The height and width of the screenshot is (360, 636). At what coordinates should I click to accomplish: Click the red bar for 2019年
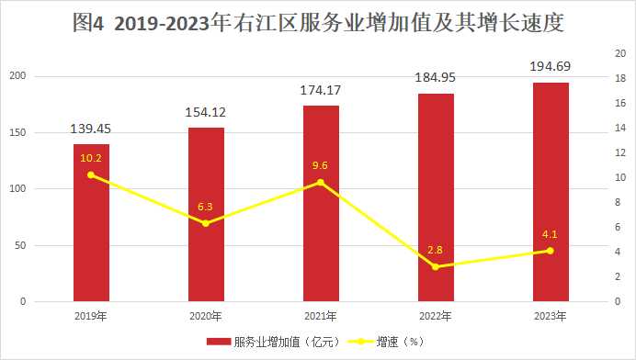(91, 222)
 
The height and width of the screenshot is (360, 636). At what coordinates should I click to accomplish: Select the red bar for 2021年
(322, 204)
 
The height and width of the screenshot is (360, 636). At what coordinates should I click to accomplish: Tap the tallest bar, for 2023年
(551, 192)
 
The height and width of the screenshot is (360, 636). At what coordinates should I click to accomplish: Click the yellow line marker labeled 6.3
(206, 223)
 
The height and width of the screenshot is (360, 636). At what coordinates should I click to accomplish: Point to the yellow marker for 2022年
(436, 266)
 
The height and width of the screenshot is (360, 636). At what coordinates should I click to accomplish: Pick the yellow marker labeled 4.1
(550, 251)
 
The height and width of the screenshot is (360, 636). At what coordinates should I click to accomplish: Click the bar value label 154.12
(206, 112)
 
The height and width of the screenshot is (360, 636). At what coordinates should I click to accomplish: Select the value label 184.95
(436, 77)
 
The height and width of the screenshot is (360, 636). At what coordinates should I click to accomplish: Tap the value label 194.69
(551, 66)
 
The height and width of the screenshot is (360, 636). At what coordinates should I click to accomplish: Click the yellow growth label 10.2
(91, 159)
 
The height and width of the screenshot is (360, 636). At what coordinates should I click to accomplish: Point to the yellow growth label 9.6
(320, 165)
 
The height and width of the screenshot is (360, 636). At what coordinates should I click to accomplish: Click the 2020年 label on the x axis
(206, 316)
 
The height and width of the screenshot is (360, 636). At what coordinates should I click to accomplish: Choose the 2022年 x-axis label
(436, 316)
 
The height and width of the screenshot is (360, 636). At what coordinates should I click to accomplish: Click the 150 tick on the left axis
(17, 132)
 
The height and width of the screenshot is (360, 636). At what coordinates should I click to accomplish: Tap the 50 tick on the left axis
(20, 245)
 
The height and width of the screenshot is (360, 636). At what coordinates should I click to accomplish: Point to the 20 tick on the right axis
(620, 53)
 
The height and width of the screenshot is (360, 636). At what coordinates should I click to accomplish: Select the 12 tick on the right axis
(620, 152)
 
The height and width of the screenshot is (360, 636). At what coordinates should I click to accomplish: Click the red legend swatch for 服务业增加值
(219, 342)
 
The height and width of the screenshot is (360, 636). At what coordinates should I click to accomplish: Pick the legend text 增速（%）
(401, 342)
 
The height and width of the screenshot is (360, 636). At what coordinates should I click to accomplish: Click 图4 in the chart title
(89, 23)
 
